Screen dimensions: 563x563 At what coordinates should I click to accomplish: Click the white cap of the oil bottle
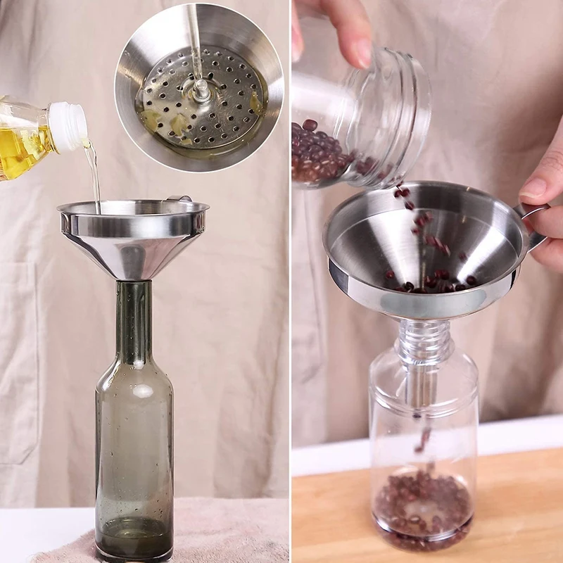(x=68, y=127)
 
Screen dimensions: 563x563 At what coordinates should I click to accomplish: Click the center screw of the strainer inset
(x=201, y=90)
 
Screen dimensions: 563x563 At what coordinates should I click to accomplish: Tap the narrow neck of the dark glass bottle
(x=134, y=324)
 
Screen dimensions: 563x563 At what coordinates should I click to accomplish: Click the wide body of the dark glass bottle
(x=134, y=450)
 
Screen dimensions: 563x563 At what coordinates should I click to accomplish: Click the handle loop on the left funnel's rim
(x=179, y=199)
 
